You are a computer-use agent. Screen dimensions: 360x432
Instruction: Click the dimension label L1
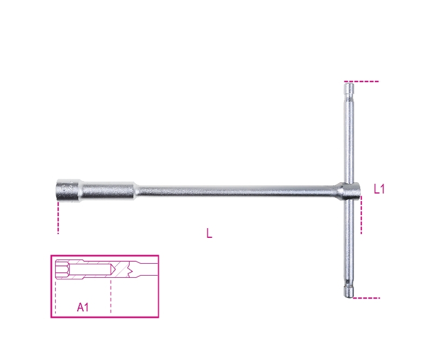(x=379, y=189)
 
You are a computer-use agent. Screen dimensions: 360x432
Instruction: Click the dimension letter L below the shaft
(x=209, y=234)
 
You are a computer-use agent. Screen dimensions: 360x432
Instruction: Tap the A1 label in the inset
(x=83, y=308)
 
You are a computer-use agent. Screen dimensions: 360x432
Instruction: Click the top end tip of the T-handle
(x=349, y=85)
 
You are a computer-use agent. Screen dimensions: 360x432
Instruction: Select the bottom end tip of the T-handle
(x=350, y=293)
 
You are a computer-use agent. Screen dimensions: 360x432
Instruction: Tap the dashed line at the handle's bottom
(x=367, y=298)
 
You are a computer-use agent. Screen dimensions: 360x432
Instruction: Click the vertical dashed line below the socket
(x=58, y=219)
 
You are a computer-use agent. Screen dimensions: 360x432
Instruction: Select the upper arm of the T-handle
(x=349, y=135)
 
